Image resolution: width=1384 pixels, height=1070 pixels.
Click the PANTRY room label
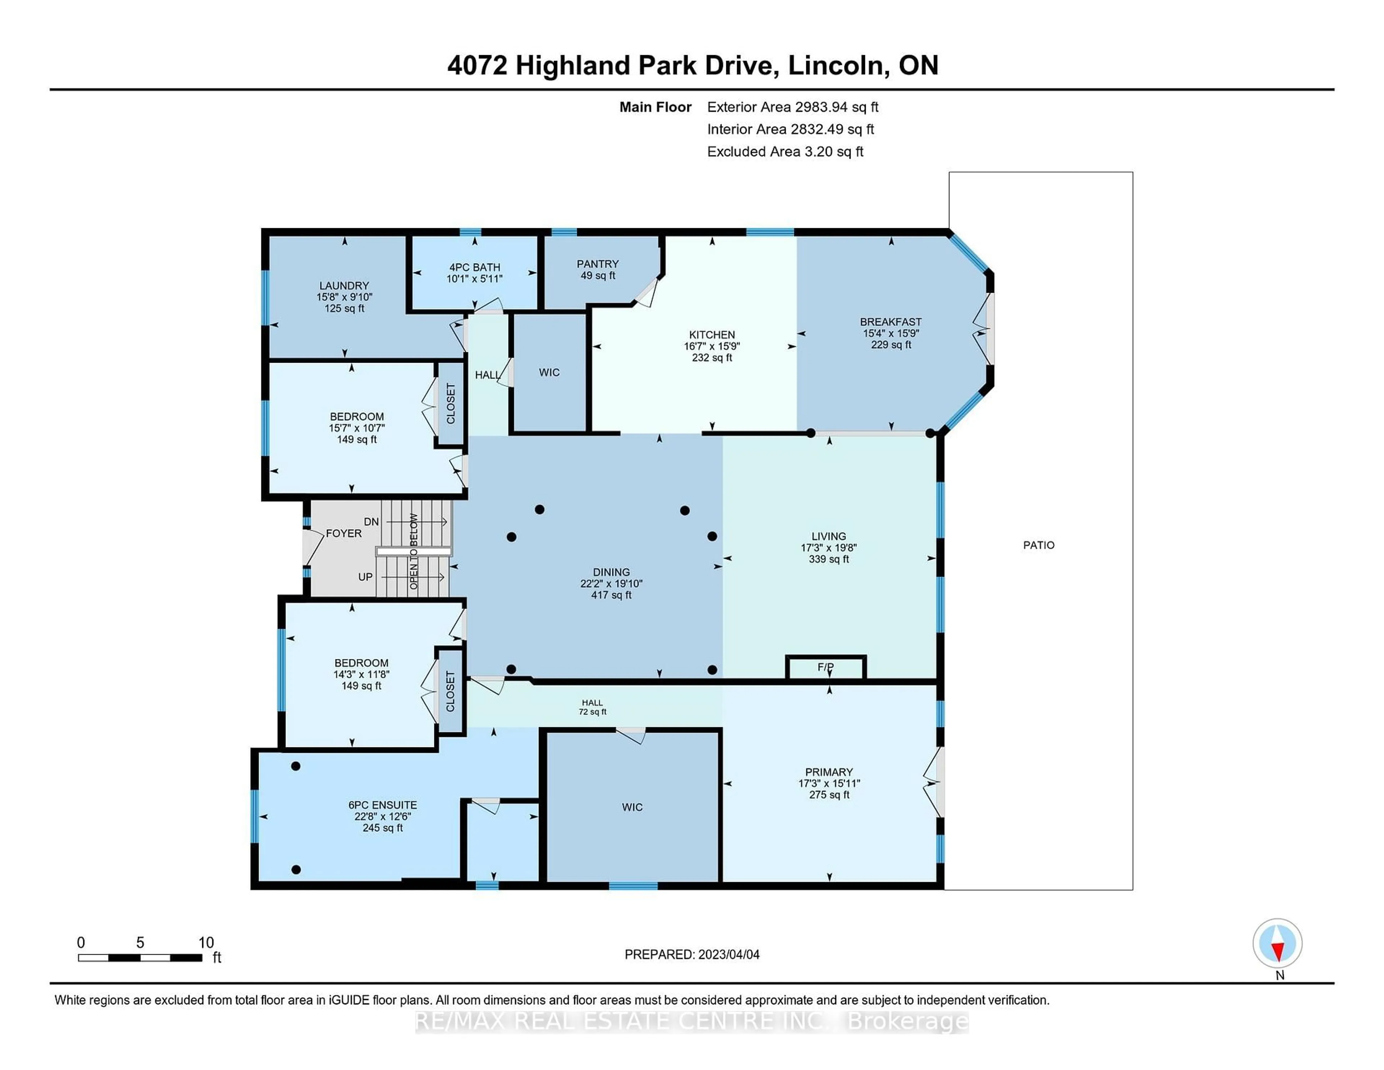point(597,264)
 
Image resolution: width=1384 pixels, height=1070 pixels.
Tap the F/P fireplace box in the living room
point(825,667)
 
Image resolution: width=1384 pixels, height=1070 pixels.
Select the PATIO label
point(1039,545)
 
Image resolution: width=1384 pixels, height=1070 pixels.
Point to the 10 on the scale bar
point(206,943)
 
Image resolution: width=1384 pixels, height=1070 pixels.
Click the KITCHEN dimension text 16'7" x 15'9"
point(712,346)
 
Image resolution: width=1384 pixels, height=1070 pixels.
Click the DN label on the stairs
point(371,522)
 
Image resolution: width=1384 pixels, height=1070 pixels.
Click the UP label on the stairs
point(366,577)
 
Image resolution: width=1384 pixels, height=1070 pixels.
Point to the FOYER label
point(343,534)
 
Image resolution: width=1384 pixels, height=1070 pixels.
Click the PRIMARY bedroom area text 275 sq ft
point(829,795)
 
